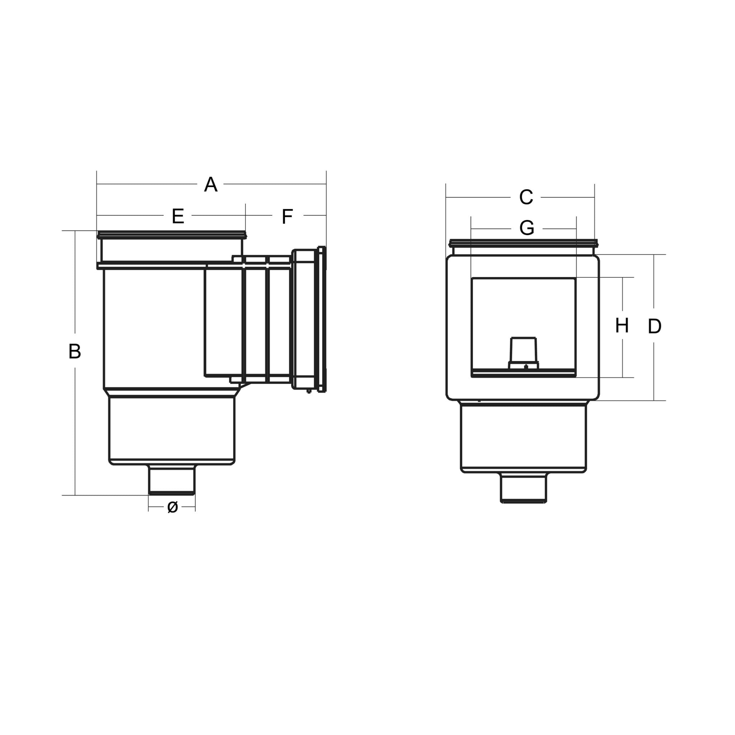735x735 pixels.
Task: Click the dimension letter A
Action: pyautogui.click(x=211, y=184)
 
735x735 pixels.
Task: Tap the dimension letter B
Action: pyautogui.click(x=75, y=351)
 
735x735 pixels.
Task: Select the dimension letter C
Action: pyautogui.click(x=526, y=197)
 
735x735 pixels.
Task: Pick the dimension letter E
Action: pyautogui.click(x=178, y=216)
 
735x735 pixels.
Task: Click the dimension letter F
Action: pyautogui.click(x=287, y=216)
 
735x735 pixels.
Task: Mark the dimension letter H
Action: pyautogui.click(x=622, y=326)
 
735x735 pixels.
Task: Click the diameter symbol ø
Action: pyautogui.click(x=172, y=507)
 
